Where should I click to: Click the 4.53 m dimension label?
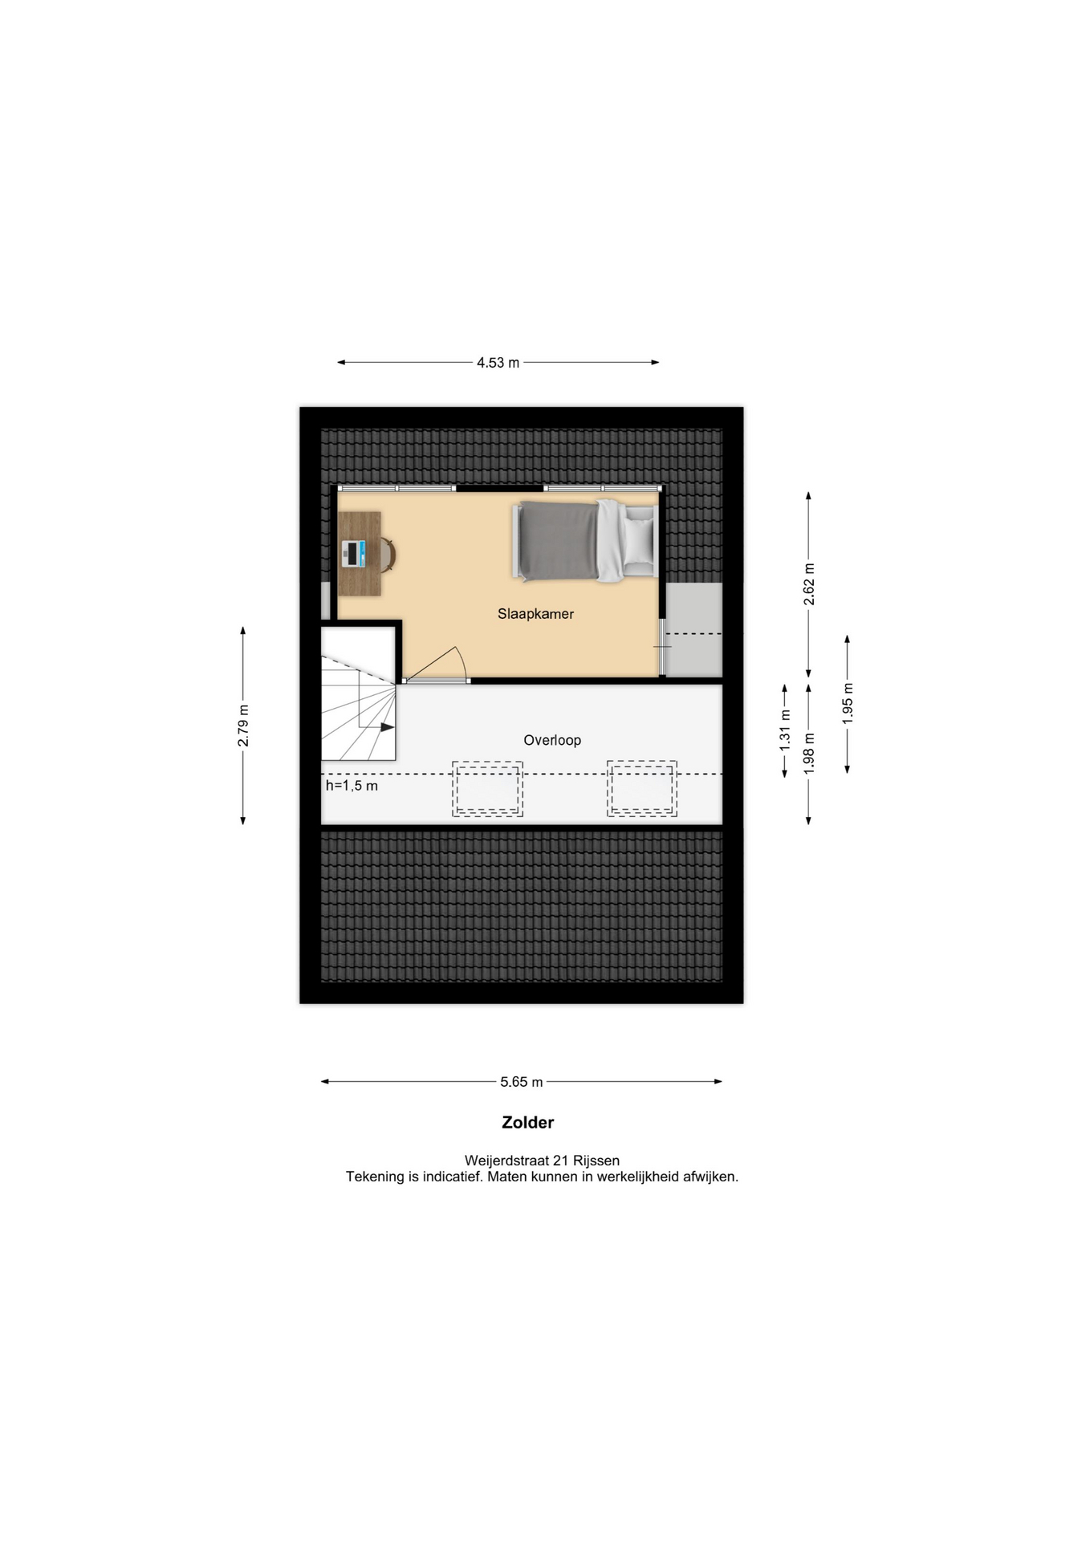498,363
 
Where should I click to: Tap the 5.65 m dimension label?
522,1082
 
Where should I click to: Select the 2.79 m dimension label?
243,726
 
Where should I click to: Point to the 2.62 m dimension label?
809,584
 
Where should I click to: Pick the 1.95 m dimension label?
848,704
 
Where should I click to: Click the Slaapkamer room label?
535,614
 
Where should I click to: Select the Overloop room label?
552,740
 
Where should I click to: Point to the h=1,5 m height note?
352,786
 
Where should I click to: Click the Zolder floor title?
528,1123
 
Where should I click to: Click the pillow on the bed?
640,541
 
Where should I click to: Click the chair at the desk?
388,554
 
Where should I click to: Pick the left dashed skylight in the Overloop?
487,789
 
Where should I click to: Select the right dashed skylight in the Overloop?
642,789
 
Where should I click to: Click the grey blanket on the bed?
558,540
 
